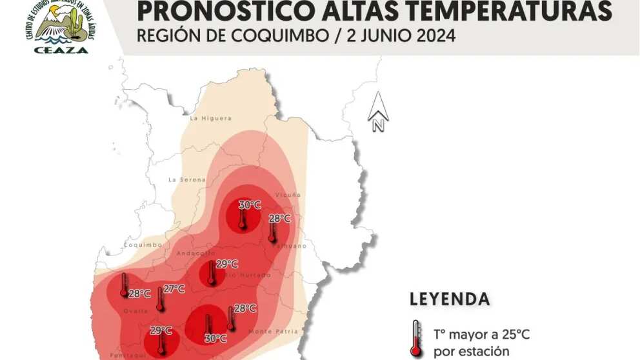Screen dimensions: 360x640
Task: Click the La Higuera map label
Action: coord(206,119)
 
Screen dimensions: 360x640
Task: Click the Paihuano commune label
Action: coord(292,245)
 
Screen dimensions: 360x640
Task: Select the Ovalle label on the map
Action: coord(135,312)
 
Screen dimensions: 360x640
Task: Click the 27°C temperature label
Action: coord(174,288)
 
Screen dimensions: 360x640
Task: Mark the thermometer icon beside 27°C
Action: coord(160,299)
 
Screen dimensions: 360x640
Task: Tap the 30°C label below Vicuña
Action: coord(250,205)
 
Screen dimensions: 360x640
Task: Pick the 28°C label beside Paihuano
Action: coord(279,219)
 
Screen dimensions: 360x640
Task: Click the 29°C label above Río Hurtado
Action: coord(227,264)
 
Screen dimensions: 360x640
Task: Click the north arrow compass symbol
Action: coord(377,112)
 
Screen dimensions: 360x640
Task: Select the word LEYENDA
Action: coord(449,299)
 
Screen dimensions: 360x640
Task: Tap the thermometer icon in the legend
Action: coord(416,339)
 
